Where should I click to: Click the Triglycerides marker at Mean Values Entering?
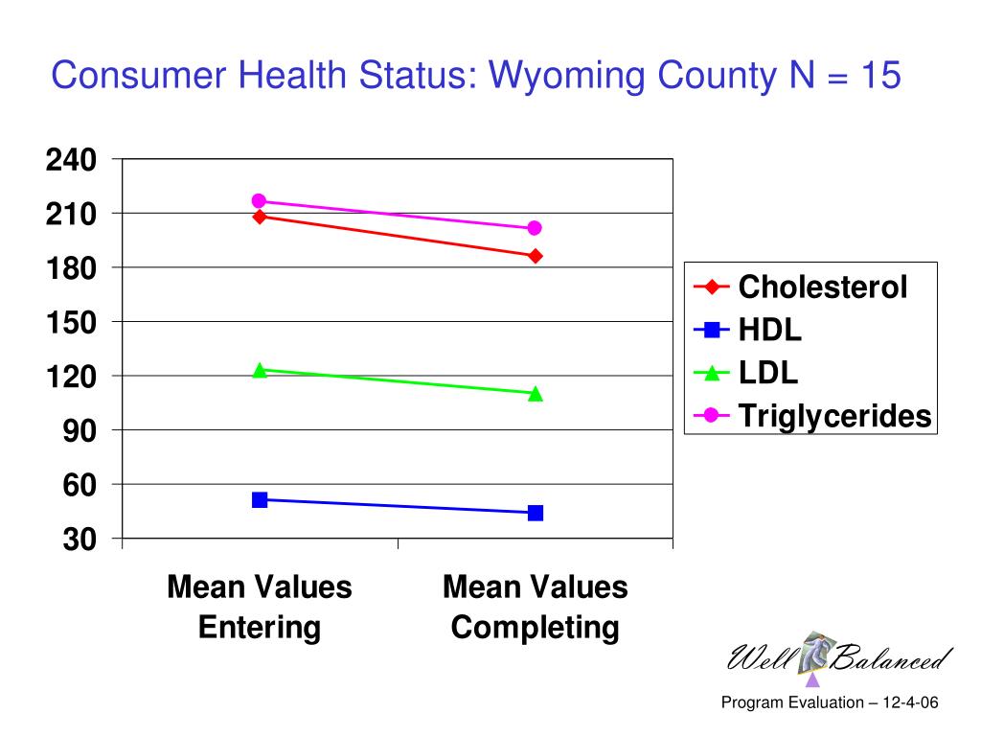coord(259,201)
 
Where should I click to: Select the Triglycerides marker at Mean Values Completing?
coord(535,228)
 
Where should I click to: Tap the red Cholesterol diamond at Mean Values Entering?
coord(259,217)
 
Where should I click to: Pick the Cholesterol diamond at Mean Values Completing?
coord(535,256)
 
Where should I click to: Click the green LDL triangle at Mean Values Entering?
coord(259,370)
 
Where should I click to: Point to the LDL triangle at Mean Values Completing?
coord(535,393)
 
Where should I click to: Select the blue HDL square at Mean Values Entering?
coord(259,499)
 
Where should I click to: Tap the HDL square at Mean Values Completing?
coord(535,513)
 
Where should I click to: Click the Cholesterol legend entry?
coord(822,287)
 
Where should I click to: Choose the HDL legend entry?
coord(769,331)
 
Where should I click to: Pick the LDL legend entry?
coord(767,373)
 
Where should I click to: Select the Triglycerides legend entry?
coord(833,416)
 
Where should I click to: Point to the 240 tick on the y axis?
coord(71,160)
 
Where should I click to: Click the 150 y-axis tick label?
coord(71,323)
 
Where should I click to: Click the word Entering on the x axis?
coord(259,628)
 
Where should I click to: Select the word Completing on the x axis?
coord(535,629)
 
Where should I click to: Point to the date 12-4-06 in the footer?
coord(909,703)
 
